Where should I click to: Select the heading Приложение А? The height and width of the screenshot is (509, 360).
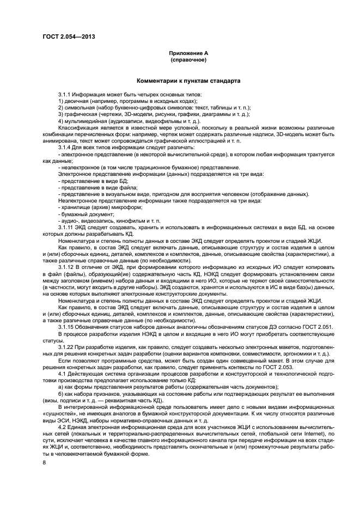point(188,53)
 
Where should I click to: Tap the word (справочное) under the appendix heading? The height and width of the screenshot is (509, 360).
point(188,60)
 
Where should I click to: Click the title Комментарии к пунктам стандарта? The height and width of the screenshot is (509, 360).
point(188,81)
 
